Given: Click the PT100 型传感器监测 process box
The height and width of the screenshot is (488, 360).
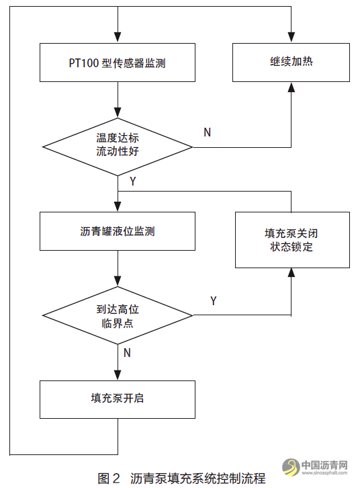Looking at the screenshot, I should pos(118,64).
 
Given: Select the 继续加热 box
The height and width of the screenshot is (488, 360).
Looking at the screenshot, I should pos(291,63).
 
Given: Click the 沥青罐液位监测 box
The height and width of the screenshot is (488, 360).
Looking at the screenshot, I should pos(118,231).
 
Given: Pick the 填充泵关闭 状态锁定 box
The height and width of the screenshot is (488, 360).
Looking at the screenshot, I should pos(291,240).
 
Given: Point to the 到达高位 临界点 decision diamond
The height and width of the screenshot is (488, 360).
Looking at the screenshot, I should pos(118,315).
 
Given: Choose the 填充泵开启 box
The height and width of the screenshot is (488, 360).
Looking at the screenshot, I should pos(118,399).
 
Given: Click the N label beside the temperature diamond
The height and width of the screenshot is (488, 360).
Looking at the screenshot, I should pos(207,132).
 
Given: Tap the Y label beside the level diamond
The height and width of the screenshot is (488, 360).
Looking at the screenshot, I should pos(213,300).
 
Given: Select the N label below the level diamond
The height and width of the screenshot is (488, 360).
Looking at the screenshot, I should pos(127,352).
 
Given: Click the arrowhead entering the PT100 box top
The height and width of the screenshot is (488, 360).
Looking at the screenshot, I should pos(118,40).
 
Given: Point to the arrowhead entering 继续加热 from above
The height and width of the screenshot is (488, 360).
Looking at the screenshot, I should pos(291,40).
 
